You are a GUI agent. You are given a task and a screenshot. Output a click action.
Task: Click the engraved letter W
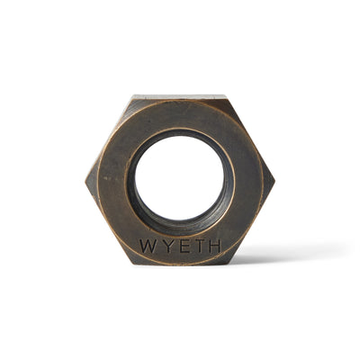[x=146, y=246]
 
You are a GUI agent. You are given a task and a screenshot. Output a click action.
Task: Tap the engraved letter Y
[x=164, y=246]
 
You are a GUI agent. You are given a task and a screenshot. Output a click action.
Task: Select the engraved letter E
[x=180, y=246]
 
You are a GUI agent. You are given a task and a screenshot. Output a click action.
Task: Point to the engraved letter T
[x=196, y=246]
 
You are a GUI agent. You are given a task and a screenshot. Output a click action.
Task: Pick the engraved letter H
[x=213, y=246]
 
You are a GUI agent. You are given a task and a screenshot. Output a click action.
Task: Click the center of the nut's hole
[x=180, y=176]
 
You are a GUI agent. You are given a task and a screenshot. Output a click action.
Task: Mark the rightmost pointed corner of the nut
[x=274, y=179]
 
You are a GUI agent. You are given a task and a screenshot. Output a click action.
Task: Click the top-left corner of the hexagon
[x=131, y=95]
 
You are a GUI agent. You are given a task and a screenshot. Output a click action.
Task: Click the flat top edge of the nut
[x=180, y=95]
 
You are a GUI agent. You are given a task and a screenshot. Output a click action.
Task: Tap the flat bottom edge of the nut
[x=180, y=264]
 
